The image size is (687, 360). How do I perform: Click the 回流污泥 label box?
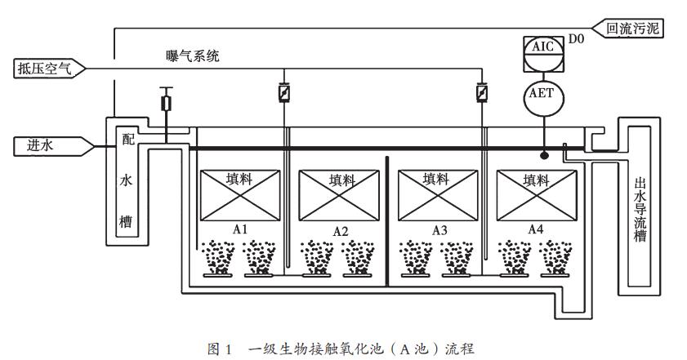(x=634, y=29)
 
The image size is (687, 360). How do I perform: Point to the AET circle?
(x=542, y=94)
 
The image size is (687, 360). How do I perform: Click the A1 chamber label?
(x=240, y=229)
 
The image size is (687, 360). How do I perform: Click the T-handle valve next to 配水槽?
(x=167, y=102)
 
